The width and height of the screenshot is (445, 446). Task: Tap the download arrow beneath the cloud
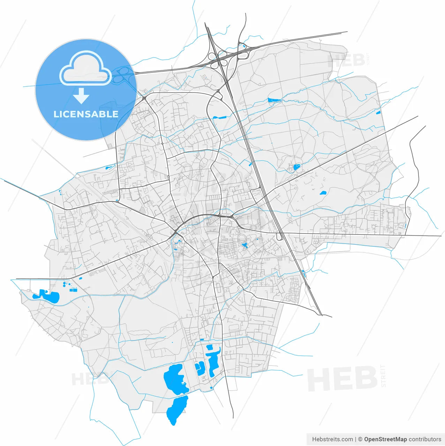pyautogui.click(x=81, y=96)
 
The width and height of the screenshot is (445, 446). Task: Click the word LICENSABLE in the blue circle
pyautogui.click(x=86, y=114)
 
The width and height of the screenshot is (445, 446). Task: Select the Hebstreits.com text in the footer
pyautogui.click(x=332, y=439)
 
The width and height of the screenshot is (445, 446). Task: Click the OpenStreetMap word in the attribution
pyautogui.click(x=385, y=439)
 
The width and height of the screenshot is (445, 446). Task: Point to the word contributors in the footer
pyautogui.click(x=425, y=439)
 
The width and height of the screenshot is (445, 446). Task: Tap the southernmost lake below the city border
pyautogui.click(x=177, y=409)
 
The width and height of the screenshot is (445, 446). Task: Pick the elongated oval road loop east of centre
pyautogui.click(x=279, y=237)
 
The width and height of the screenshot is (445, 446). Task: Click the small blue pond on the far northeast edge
pyautogui.click(x=378, y=112)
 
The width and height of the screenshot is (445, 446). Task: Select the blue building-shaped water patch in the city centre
pyautogui.click(x=245, y=245)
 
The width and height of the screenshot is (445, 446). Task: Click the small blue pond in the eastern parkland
pyautogui.click(x=323, y=193)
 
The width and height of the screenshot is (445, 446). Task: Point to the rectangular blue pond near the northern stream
pyautogui.click(x=274, y=100)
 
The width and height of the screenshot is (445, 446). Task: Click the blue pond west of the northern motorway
pyautogui.click(x=220, y=117)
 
